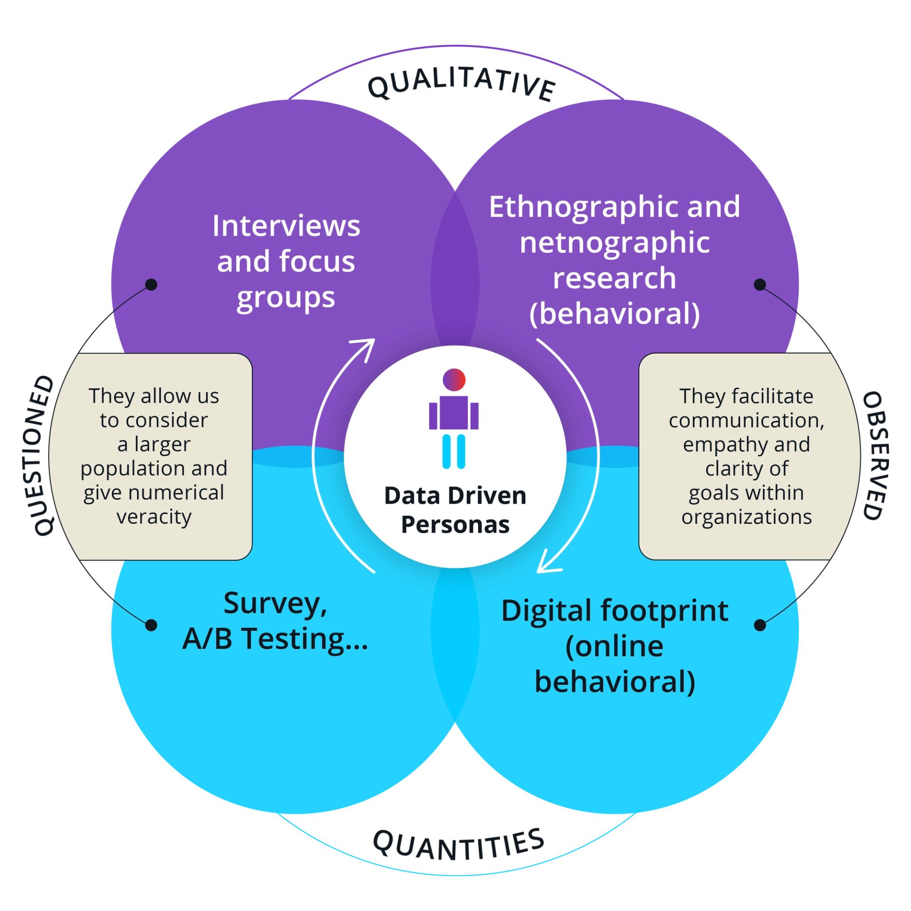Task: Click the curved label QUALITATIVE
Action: (461, 85)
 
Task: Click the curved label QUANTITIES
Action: (458, 845)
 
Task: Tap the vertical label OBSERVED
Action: (873, 455)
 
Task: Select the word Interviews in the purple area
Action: (286, 226)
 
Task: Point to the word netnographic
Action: (614, 243)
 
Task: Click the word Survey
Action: (275, 604)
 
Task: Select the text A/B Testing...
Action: (275, 639)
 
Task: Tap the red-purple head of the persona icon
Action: (454, 380)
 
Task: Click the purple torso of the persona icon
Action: (454, 412)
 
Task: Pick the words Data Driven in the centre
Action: (455, 496)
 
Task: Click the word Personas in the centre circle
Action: (455, 525)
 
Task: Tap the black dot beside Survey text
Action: (151, 625)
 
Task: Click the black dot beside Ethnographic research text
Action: (760, 285)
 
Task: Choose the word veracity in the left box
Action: (154, 517)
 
